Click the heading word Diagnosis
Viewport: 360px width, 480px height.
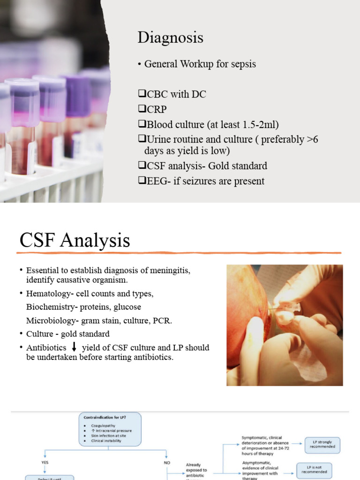(170, 37)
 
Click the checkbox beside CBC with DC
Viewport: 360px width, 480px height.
(142, 94)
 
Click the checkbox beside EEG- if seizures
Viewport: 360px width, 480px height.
(142, 180)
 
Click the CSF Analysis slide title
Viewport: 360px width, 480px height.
(75, 240)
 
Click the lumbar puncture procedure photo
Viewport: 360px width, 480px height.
(285, 325)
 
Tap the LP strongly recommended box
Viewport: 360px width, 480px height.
(322, 444)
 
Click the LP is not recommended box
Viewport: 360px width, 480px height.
(315, 470)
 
